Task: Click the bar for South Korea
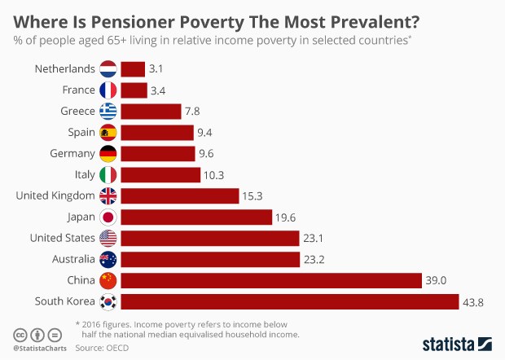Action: (x=289, y=302)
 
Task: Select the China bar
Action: (x=270, y=281)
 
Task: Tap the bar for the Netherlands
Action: (x=132, y=69)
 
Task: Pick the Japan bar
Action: (x=195, y=217)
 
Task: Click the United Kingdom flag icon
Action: (x=108, y=195)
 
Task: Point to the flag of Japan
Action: (x=108, y=217)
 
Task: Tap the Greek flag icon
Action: (x=108, y=112)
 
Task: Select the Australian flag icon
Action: (x=108, y=260)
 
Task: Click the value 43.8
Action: (x=475, y=302)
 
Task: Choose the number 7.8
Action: (x=195, y=112)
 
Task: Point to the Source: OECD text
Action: (x=102, y=348)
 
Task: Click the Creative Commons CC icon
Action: (x=20, y=335)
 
